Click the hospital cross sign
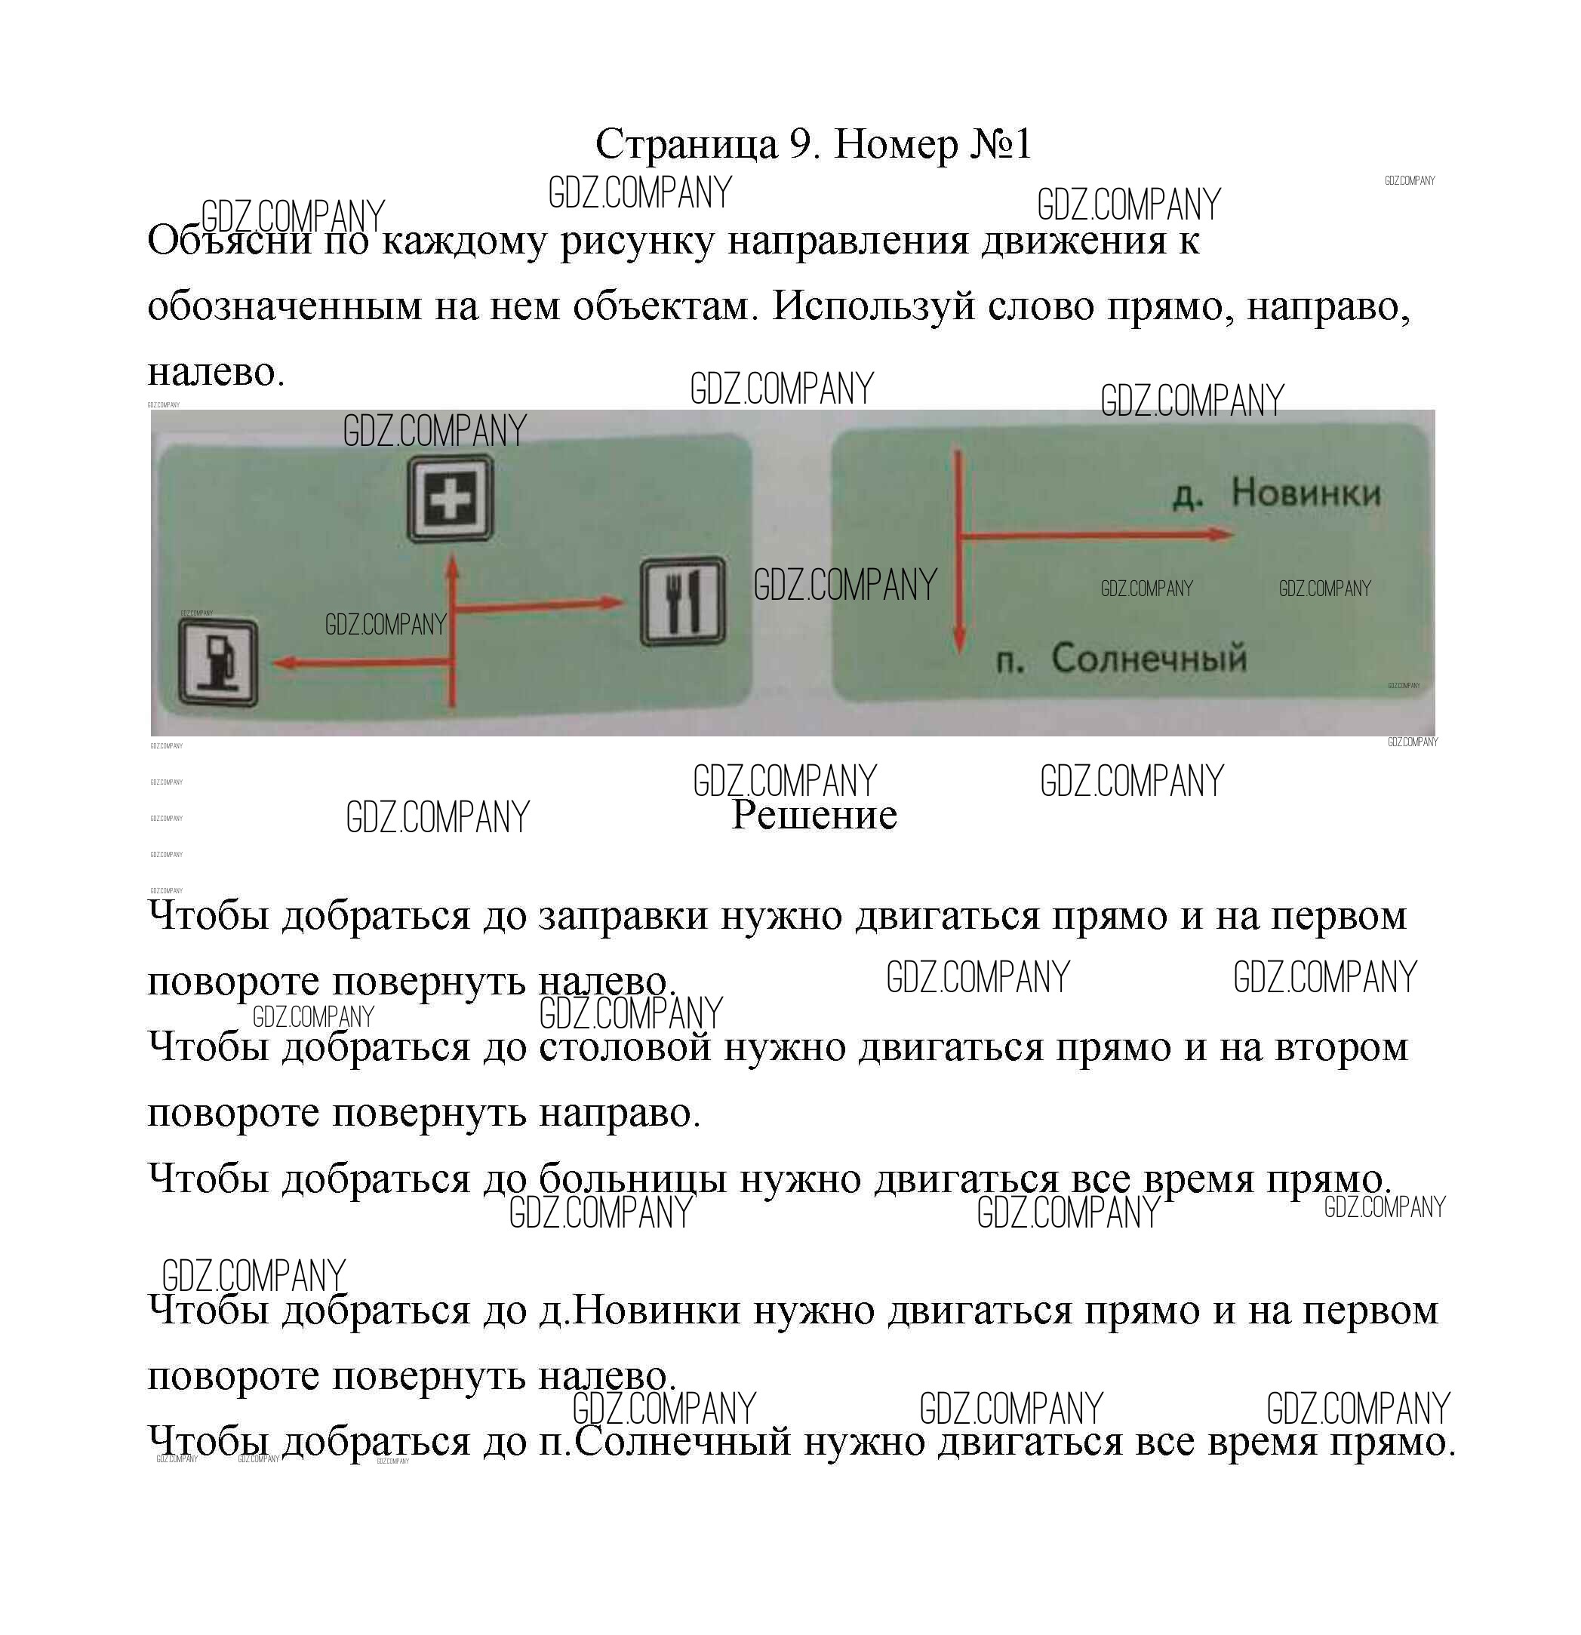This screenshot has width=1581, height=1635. click(x=450, y=500)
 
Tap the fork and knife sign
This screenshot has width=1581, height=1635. click(x=682, y=601)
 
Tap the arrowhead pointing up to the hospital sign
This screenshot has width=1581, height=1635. click(x=452, y=567)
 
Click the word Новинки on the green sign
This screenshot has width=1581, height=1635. click(x=1306, y=493)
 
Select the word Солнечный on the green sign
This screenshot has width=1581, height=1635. click(x=1149, y=659)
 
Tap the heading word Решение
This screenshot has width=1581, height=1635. click(x=814, y=815)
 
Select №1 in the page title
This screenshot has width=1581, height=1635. click(x=999, y=144)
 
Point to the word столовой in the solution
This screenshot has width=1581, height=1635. click(x=625, y=1047)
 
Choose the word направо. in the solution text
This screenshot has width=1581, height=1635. click(x=619, y=1113)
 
